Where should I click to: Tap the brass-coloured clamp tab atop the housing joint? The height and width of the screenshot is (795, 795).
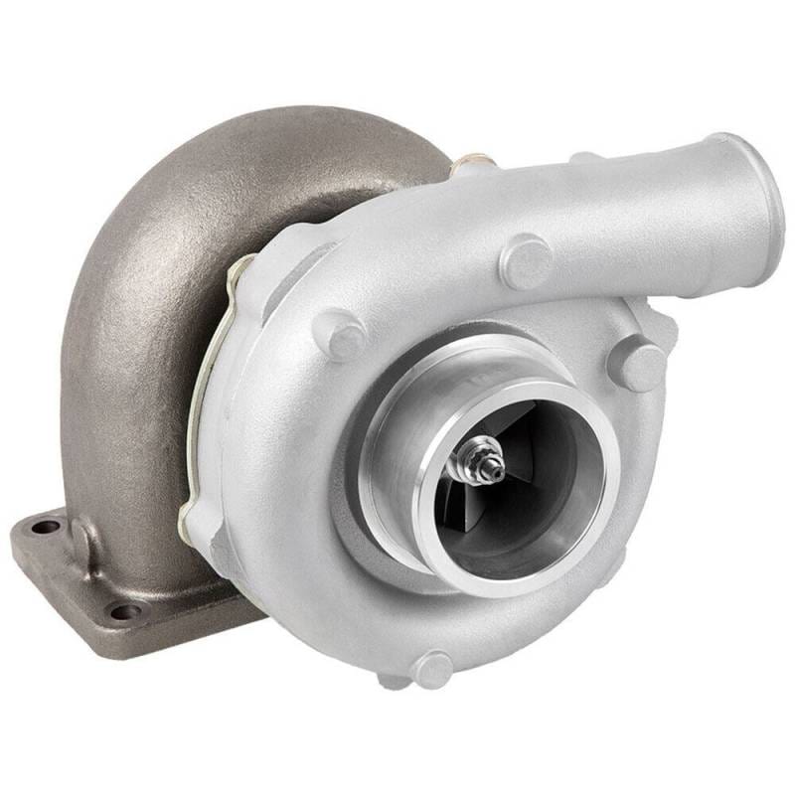click(467, 162)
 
